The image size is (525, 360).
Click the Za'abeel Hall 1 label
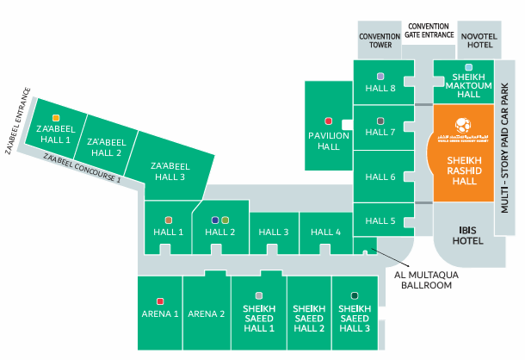54,133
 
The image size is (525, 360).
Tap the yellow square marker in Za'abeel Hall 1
55,116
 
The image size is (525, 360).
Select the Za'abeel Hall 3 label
168,171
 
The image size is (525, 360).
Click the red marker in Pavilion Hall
328,121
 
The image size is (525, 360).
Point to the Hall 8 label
380,88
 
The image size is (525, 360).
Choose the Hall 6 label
380,177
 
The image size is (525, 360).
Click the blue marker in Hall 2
215,220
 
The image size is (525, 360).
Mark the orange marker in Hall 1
169,220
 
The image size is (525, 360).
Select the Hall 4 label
326,232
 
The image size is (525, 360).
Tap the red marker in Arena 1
160,301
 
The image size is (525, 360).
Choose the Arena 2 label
206,313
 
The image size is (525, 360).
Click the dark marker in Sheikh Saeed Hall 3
355,295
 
